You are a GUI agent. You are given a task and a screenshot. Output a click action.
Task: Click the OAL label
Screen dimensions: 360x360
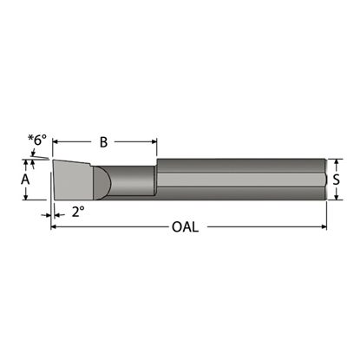(x=185, y=227)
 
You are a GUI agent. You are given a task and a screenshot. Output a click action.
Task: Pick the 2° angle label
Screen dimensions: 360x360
(x=78, y=211)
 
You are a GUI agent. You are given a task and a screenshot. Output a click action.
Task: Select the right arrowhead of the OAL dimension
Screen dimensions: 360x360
(x=324, y=227)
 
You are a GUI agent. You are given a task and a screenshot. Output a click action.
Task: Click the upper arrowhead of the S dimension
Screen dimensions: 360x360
(x=336, y=161)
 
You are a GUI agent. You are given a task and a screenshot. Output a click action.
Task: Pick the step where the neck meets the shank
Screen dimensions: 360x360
(x=156, y=179)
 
